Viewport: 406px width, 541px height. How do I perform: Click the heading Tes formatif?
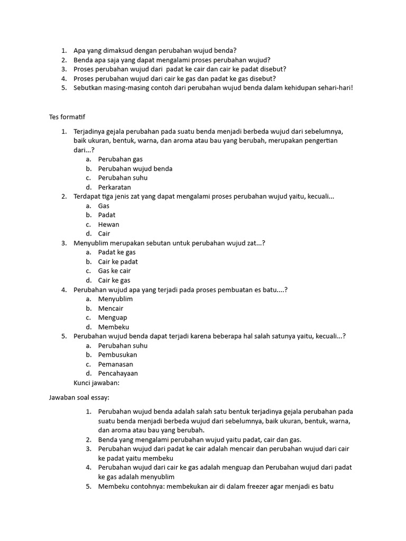[67, 116]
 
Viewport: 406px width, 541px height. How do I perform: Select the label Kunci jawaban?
[98, 383]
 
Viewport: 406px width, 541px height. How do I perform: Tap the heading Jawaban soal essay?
[79, 397]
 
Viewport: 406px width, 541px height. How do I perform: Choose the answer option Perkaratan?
[114, 187]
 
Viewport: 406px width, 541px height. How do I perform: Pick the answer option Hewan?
[108, 225]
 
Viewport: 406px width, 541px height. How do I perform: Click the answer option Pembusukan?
[117, 355]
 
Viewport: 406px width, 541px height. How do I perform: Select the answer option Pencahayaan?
[118, 374]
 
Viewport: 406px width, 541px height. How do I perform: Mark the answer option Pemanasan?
[115, 364]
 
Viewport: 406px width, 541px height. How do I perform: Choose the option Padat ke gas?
[117, 253]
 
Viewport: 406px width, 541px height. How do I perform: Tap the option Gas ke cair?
[114, 271]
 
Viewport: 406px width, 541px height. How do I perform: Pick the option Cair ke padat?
[118, 262]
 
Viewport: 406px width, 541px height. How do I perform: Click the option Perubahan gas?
[120, 159]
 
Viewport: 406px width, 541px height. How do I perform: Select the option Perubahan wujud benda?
[135, 169]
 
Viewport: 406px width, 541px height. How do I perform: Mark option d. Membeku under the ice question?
[113, 327]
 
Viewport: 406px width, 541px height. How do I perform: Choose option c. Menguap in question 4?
[113, 318]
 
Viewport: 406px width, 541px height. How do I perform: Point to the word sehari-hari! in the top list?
[334, 88]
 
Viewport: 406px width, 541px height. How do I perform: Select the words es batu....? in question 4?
[272, 290]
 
